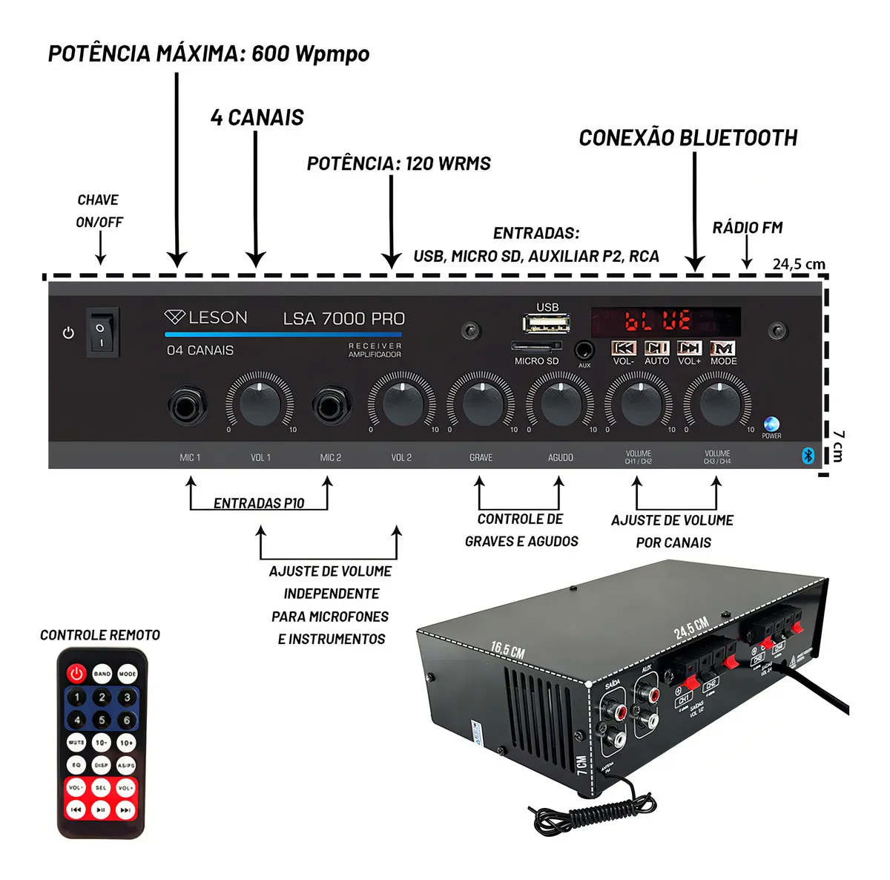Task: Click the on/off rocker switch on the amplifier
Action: click(102, 333)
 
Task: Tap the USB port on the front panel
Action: click(547, 324)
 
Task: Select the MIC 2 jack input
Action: click(331, 406)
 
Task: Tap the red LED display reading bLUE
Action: click(665, 322)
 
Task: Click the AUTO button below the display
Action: click(656, 349)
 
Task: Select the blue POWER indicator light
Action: click(771, 424)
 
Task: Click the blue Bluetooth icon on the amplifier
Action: click(808, 456)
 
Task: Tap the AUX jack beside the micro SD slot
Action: click(584, 349)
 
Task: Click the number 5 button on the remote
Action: click(102, 720)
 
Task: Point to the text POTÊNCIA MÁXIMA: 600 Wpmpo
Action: click(208, 54)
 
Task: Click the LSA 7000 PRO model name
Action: click(343, 319)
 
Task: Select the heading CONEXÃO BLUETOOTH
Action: click(688, 139)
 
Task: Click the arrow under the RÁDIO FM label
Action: click(747, 253)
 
